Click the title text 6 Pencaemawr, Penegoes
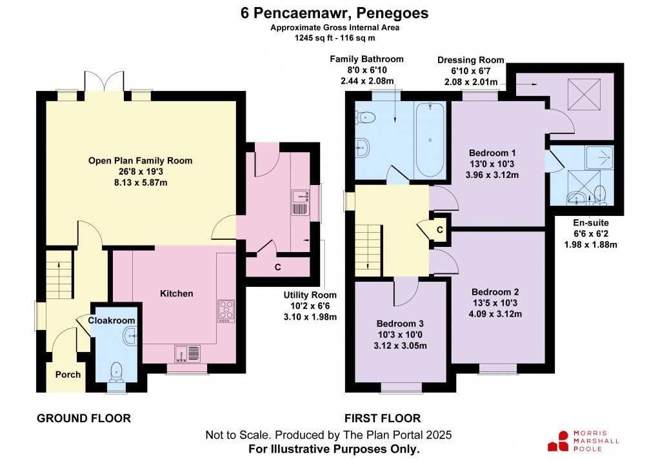click(329, 13)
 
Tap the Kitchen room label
click(176, 294)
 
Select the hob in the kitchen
click(226, 310)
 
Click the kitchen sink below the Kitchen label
click(188, 353)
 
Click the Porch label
click(68, 375)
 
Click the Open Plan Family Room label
click(140, 161)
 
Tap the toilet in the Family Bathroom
click(366, 117)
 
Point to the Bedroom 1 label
click(492, 153)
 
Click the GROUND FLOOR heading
click(84, 418)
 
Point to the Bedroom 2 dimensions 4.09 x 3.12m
click(495, 315)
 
